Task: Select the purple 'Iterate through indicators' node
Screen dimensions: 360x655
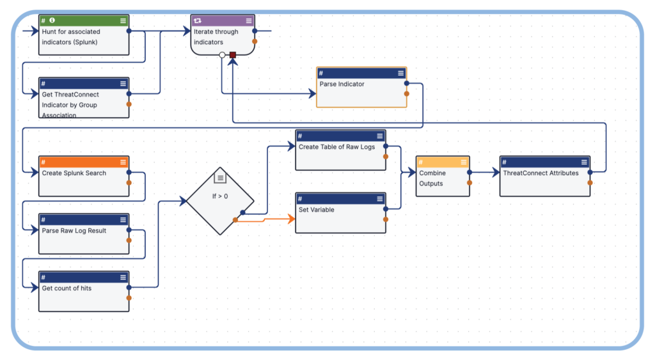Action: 222,36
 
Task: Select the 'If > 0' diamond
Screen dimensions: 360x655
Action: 220,200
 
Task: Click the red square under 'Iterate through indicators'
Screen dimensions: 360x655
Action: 233,56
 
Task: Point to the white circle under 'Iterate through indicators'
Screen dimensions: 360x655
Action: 222,56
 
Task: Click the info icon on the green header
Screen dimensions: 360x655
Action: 52,20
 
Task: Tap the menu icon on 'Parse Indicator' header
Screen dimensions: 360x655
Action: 400,74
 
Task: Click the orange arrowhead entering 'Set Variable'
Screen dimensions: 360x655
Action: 292,219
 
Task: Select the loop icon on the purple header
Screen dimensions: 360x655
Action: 198,20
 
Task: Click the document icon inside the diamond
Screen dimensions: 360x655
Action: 220,176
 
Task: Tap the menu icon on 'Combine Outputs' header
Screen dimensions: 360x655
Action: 463,162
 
